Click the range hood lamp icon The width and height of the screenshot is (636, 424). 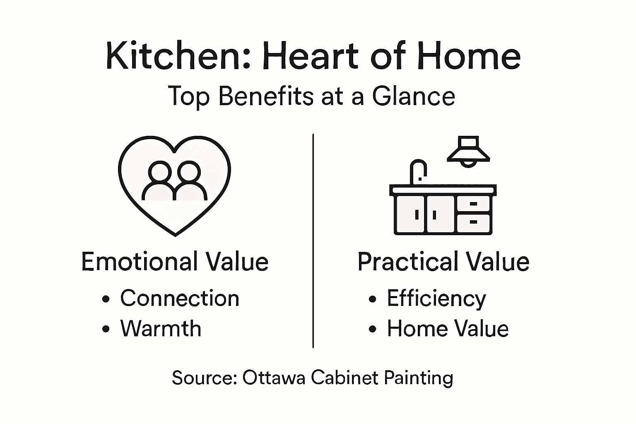[x=468, y=152]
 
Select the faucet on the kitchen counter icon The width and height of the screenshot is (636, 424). [x=418, y=171]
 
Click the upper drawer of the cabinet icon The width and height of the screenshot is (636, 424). [x=473, y=204]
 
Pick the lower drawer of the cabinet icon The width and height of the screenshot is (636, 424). [x=473, y=222]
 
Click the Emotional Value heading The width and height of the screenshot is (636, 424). [x=175, y=262]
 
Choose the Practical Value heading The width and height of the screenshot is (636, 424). [x=443, y=262]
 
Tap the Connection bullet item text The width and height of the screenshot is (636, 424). [x=180, y=298]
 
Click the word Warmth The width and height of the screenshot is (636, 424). [x=161, y=329]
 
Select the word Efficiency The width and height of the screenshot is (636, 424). [x=436, y=299]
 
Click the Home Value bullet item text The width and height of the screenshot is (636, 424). [x=448, y=329]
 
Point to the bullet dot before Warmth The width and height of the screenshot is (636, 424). [x=106, y=329]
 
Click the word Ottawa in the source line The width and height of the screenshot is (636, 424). [x=274, y=378]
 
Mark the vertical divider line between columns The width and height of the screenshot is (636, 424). [x=313, y=240]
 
